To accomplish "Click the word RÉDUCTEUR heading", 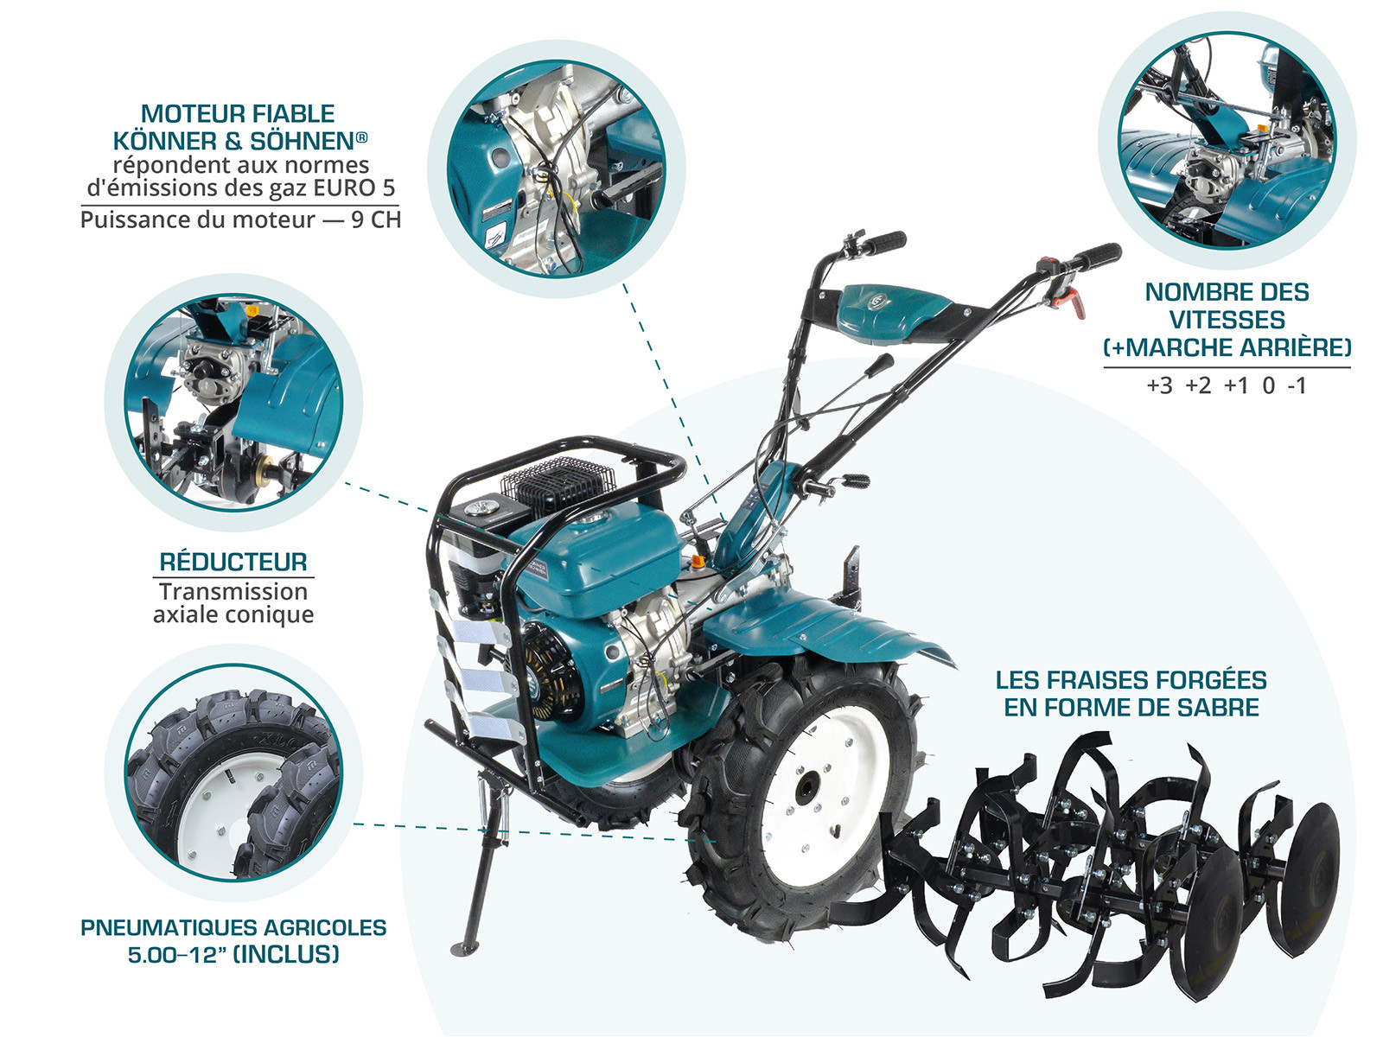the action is [x=233, y=562].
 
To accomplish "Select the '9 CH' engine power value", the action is [x=376, y=219].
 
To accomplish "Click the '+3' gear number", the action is [x=1159, y=385].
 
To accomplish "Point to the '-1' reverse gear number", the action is [x=1297, y=385].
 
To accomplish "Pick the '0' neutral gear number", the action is [x=1268, y=385].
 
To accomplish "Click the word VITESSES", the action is [x=1227, y=320].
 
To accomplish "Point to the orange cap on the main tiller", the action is [x=698, y=560].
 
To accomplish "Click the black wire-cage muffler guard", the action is [x=557, y=481].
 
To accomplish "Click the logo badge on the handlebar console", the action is [x=877, y=302].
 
